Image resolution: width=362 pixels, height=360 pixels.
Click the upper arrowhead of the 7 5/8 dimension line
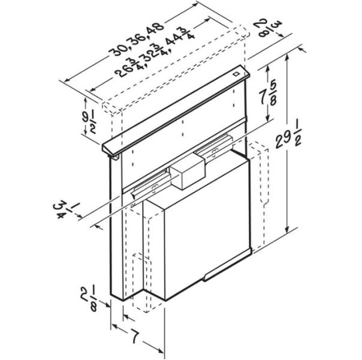pyautogui.click(x=266, y=68)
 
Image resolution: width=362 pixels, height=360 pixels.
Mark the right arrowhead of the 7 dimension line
pyautogui.click(x=164, y=350)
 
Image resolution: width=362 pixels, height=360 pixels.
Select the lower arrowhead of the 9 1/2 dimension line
pyautogui.click(x=103, y=142)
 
